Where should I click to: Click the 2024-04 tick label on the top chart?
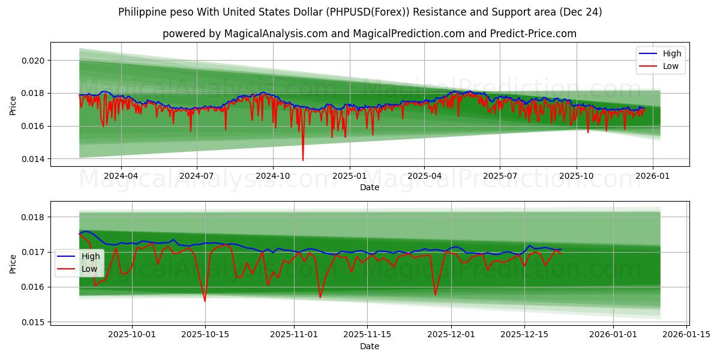point(121,176)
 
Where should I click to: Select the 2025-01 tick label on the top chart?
point(349,176)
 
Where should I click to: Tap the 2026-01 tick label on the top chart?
point(652,176)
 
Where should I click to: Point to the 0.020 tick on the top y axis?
point(34,61)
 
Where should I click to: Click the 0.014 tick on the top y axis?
point(34,159)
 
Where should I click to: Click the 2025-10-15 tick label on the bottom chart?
point(205,335)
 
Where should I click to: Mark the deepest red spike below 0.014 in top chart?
point(302,160)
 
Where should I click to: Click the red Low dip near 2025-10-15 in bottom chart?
point(205,301)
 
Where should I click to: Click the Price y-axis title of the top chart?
point(13,106)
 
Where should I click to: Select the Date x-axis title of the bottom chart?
point(369,346)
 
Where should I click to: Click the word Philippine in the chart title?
point(142,12)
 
